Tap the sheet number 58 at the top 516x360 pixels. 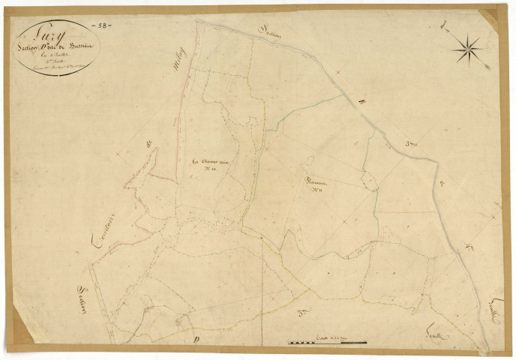coord(100,25)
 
